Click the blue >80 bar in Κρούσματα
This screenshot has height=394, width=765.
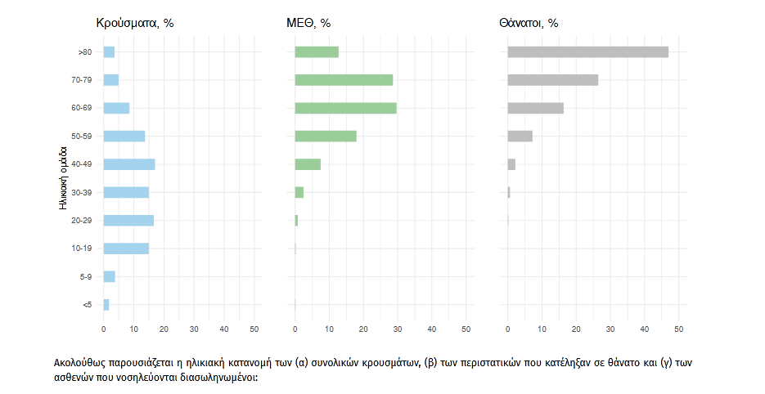pos(109,52)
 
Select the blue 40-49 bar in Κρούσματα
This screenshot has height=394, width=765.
pos(129,164)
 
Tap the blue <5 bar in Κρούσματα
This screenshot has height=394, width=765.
pos(106,305)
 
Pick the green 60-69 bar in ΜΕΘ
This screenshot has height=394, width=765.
pos(345,108)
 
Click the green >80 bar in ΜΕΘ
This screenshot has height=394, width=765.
pos(317,52)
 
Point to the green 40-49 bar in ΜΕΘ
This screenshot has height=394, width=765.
pos(308,164)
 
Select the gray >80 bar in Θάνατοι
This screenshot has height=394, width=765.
pos(587,52)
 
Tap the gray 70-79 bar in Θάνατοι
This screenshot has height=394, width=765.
pos(553,80)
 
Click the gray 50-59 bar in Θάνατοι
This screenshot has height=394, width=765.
pos(520,136)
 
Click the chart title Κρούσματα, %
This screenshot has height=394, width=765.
pos(135,23)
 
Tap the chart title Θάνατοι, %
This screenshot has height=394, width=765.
pos(529,23)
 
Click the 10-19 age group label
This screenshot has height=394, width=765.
pos(81,248)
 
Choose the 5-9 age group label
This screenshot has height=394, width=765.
pos(84,276)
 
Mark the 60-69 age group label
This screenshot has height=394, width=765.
pos(81,109)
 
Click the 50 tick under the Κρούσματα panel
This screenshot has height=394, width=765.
pos(254,329)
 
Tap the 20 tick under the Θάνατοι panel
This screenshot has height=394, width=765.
pos(576,329)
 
